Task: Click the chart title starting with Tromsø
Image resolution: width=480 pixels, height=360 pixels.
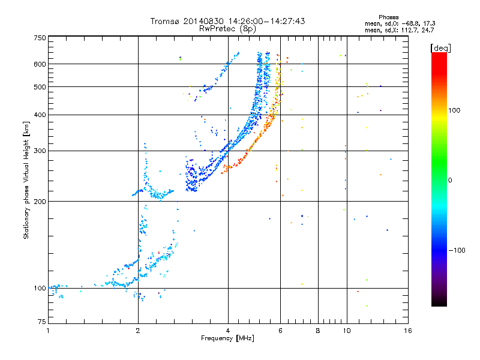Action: pyautogui.click(x=227, y=21)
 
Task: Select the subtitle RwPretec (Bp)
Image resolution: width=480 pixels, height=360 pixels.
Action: pyautogui.click(x=227, y=28)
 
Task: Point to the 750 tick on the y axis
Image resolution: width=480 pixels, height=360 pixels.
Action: pyautogui.click(x=39, y=37)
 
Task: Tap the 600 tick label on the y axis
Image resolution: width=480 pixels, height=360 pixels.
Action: pyautogui.click(x=39, y=64)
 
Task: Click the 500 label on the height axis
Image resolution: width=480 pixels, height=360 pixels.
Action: pyautogui.click(x=39, y=86)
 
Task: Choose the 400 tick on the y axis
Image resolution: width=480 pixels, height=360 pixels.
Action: pyautogui.click(x=39, y=115)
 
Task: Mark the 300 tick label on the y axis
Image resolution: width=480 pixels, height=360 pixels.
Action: pyautogui.click(x=39, y=151)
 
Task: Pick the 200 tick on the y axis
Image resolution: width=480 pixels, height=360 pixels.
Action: pyautogui.click(x=39, y=201)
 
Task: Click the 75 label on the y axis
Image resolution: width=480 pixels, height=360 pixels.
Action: pyautogui.click(x=41, y=324)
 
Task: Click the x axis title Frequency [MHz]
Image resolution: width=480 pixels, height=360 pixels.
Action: pyautogui.click(x=227, y=339)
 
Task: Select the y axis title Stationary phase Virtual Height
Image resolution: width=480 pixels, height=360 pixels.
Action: pyautogui.click(x=26, y=180)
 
